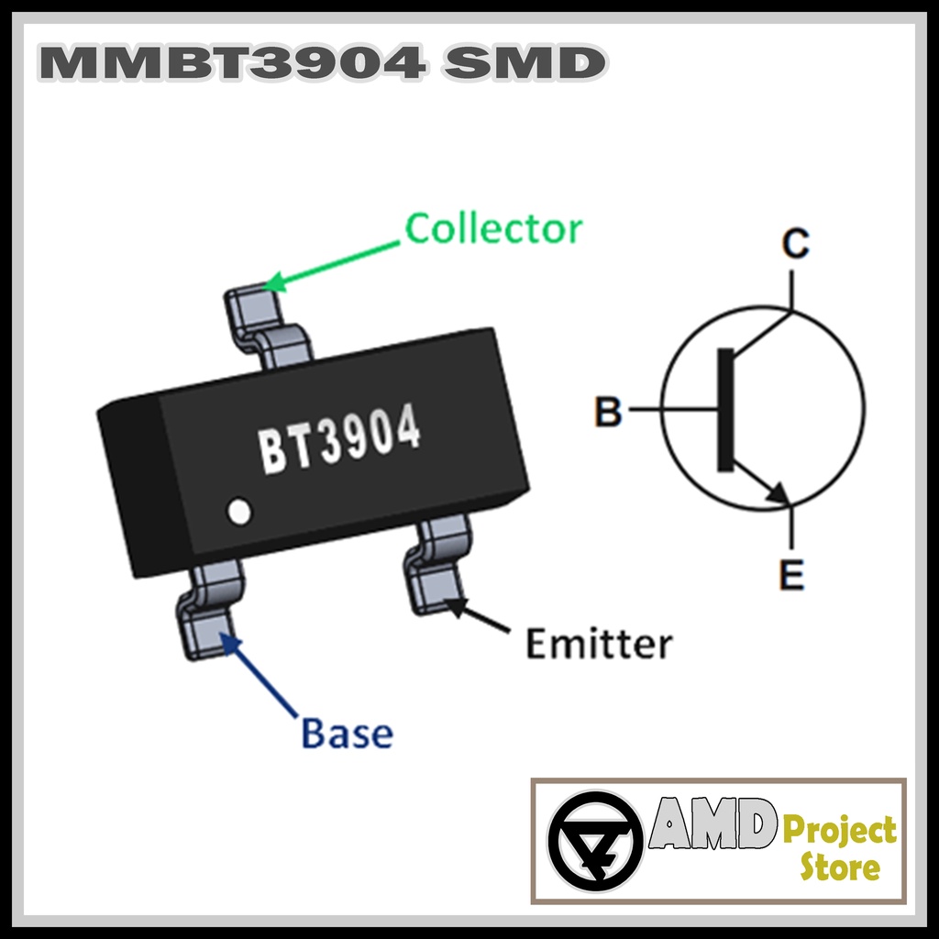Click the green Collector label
pos(493,228)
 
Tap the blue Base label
pos(347,734)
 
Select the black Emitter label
pos(598,644)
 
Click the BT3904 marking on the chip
pos(339,440)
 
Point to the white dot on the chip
pos(239,512)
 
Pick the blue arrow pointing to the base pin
pos(260,674)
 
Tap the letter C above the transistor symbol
pos(795,244)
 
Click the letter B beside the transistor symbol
pos(608,412)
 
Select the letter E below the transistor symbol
pos(790,576)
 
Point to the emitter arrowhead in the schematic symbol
pos(779,493)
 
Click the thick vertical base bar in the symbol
pos(725,410)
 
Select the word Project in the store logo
pos(838,831)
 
